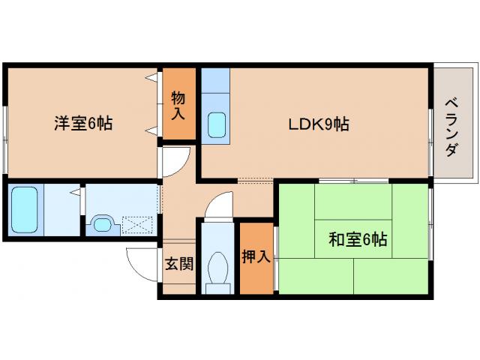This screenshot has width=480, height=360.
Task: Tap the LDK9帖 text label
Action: (x=319, y=124)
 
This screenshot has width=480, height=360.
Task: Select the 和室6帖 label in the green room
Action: (x=357, y=240)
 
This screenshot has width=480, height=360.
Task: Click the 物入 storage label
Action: (x=178, y=105)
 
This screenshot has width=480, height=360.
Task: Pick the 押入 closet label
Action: (x=256, y=257)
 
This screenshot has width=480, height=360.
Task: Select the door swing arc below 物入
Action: (x=175, y=160)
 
